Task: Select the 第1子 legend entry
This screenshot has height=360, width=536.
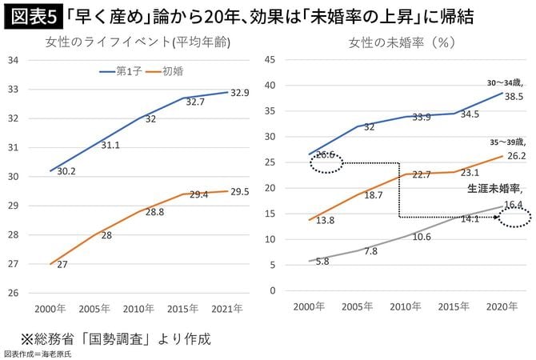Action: (x=129, y=71)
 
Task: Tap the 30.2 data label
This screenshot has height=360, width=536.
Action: (x=66, y=171)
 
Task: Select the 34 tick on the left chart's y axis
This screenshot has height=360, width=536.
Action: (x=14, y=61)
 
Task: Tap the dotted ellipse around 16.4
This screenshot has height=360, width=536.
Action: (x=514, y=217)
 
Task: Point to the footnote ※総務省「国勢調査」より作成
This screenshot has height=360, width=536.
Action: (x=111, y=338)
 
